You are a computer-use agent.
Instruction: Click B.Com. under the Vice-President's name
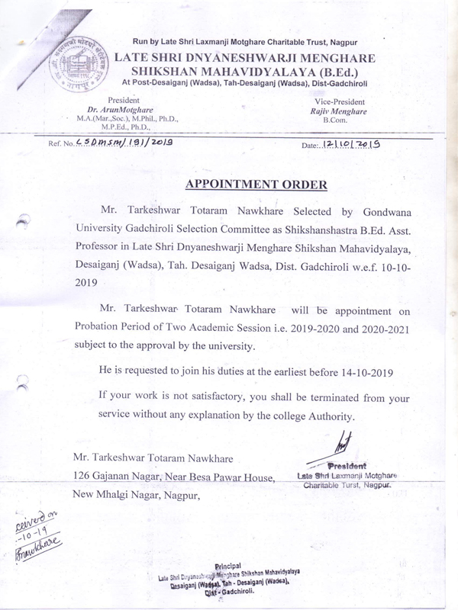335,120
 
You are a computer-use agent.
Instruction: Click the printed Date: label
313,144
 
